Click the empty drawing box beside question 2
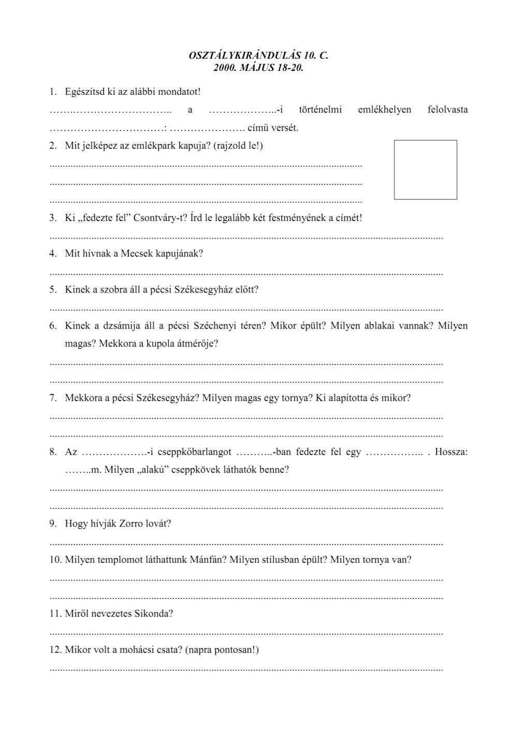pyautogui.click(x=425, y=170)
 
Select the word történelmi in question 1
pyautogui.click(x=320, y=110)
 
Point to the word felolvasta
pyautogui.click(x=448, y=110)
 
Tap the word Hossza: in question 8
pyautogui.click(x=451, y=452)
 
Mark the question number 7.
pyautogui.click(x=53, y=398)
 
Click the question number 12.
pyautogui.click(x=55, y=650)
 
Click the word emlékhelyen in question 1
pyautogui.click(x=384, y=110)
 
